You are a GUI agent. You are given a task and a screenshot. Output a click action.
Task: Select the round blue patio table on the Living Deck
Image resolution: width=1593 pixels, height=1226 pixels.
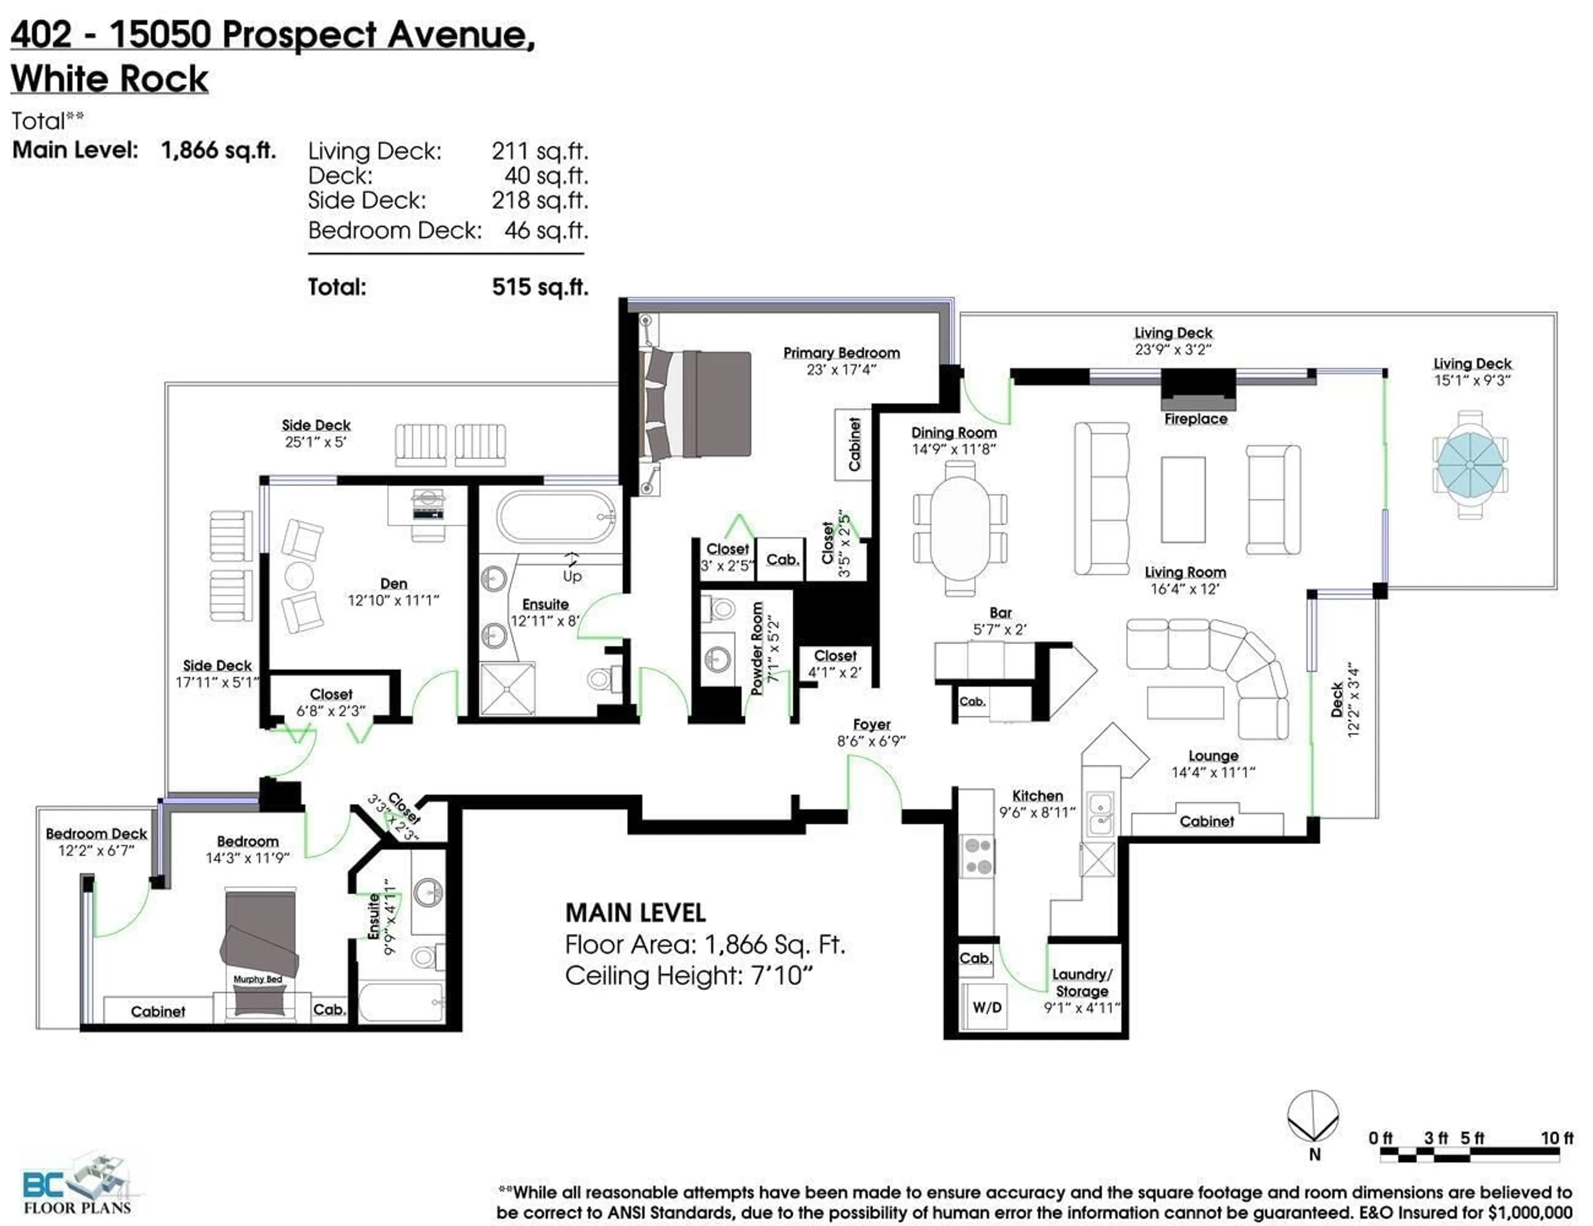[1470, 465]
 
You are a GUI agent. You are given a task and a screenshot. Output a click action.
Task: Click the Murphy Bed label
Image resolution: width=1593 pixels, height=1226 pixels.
[258, 979]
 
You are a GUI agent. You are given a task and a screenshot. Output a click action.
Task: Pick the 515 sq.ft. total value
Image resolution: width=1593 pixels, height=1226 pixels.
[540, 287]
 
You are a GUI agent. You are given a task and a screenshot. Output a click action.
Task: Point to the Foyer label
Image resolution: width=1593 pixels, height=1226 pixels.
[872, 725]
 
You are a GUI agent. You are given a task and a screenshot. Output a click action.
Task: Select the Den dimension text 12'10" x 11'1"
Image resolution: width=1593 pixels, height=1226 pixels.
[393, 600]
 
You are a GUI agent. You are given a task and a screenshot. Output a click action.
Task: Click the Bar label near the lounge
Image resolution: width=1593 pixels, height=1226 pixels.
[1000, 613]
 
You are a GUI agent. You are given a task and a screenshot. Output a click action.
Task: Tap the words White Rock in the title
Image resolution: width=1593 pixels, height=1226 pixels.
[110, 79]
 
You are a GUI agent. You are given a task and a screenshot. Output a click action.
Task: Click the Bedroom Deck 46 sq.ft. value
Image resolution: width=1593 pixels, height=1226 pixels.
[546, 231]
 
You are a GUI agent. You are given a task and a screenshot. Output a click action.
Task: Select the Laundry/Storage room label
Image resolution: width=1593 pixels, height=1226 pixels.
[1081, 982]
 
